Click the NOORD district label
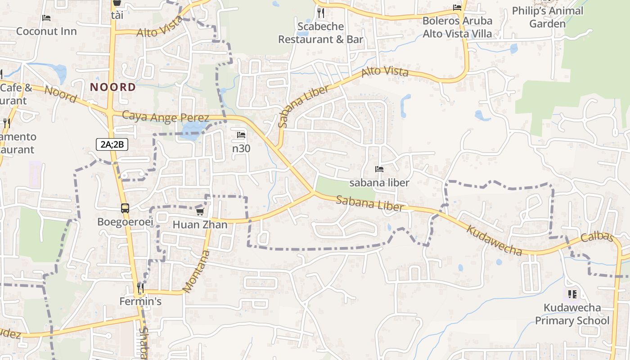pyautogui.click(x=113, y=87)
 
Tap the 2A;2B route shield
pyautogui.click(x=112, y=144)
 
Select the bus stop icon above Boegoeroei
pyautogui.click(x=125, y=208)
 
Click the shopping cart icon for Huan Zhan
pyautogui.click(x=200, y=211)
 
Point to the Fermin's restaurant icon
pyautogui.click(x=140, y=287)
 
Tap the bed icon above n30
pyautogui.click(x=241, y=135)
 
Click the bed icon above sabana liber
pyautogui.click(x=379, y=169)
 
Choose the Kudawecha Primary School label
pyautogui.click(x=572, y=314)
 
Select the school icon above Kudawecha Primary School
pyautogui.click(x=572, y=294)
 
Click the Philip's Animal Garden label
pyautogui.click(x=547, y=17)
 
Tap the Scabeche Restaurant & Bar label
pyautogui.click(x=320, y=33)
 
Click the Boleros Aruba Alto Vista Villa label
pyautogui.click(x=457, y=27)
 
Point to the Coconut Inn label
pyautogui.click(x=46, y=31)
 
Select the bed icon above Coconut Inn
pyautogui.click(x=46, y=18)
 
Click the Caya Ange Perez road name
pyautogui.click(x=166, y=117)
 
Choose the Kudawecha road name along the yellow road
pyautogui.click(x=494, y=240)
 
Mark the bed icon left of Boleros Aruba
pyautogui.click(x=457, y=8)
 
